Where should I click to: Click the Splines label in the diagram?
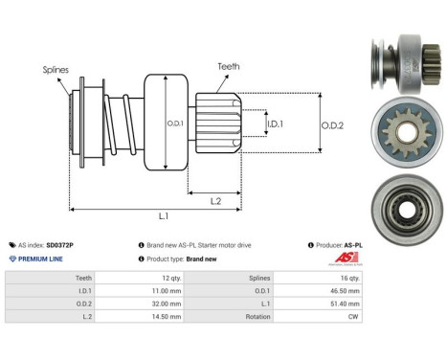click(x=56, y=70)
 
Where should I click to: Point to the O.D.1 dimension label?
click(x=175, y=123)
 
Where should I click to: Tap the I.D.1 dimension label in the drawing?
click(x=274, y=124)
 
